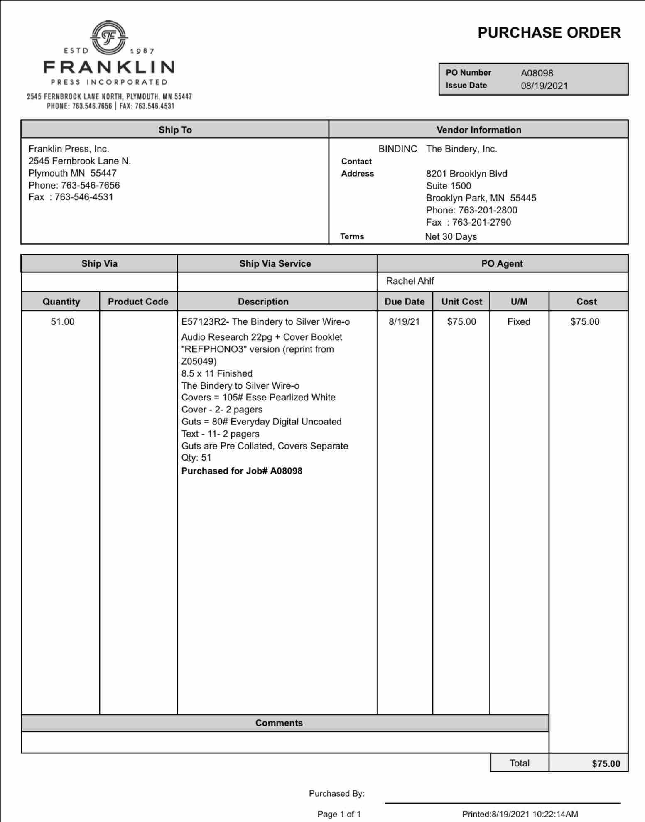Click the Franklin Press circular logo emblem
(109, 38)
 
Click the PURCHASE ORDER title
(549, 33)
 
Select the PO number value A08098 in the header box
(537, 73)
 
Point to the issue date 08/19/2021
(544, 86)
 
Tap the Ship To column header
(175, 130)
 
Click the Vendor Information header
(478, 130)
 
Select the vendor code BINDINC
(397, 149)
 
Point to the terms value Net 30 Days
(451, 237)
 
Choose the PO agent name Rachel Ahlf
(410, 281)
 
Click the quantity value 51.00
(62, 321)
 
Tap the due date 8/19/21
(404, 321)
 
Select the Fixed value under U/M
(519, 321)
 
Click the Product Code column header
(138, 302)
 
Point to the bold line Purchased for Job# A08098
(242, 471)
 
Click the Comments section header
(279, 723)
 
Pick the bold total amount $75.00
(606, 763)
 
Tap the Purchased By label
(336, 793)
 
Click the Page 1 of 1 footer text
(339, 814)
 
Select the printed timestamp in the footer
(520, 814)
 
